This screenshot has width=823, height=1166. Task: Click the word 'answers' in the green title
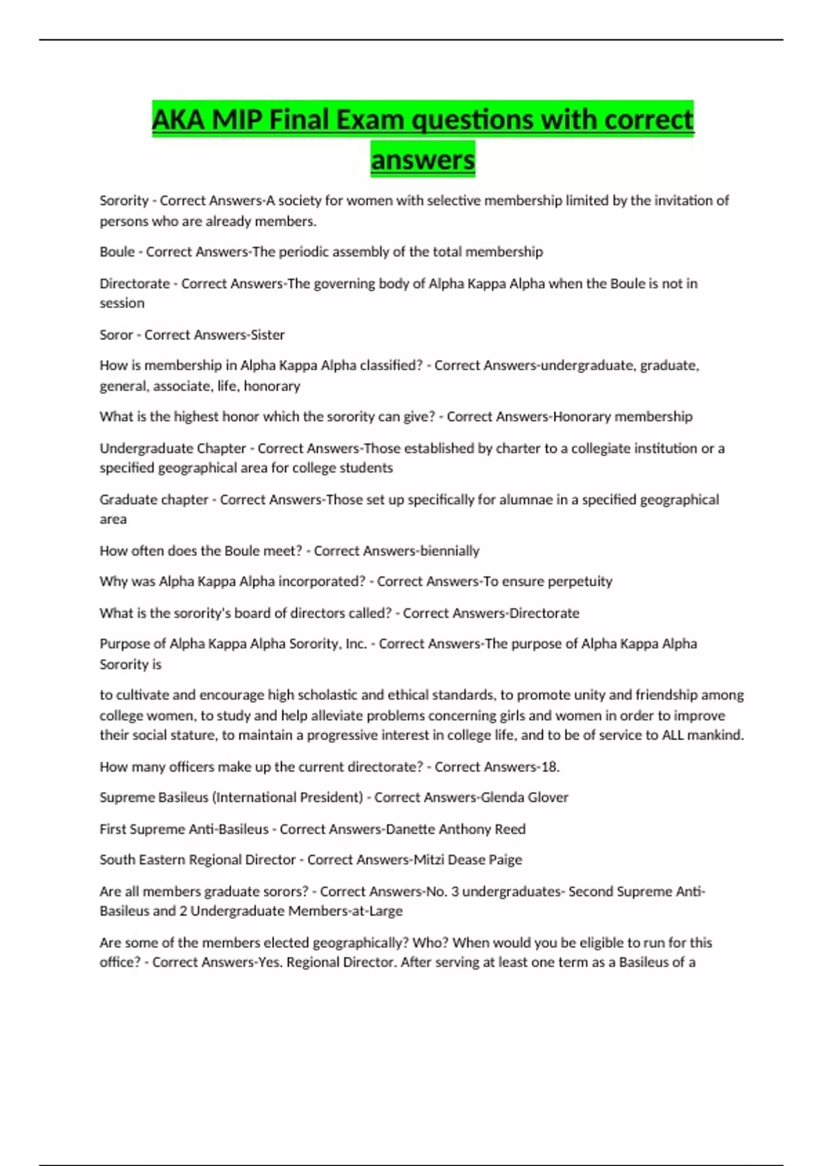click(x=422, y=160)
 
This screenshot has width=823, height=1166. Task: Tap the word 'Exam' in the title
click(x=366, y=120)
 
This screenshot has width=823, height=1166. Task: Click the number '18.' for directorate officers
click(x=550, y=767)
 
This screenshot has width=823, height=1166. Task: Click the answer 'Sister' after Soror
click(x=267, y=335)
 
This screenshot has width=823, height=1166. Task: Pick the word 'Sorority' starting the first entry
click(x=124, y=201)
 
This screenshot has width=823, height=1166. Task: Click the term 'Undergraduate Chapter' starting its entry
click(x=173, y=449)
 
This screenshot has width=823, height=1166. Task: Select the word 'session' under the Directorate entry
click(x=122, y=303)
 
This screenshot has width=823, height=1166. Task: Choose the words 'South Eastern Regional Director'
click(x=198, y=860)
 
